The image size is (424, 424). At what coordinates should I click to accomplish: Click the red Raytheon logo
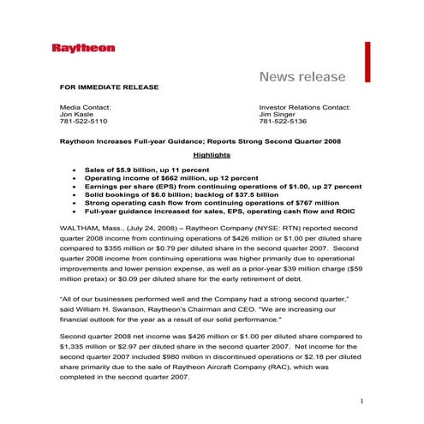coord(83,48)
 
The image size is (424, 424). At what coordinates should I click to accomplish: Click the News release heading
coord(302,77)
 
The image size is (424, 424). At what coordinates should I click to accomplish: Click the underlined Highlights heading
coord(212,155)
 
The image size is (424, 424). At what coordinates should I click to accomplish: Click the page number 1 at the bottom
coord(362,401)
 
